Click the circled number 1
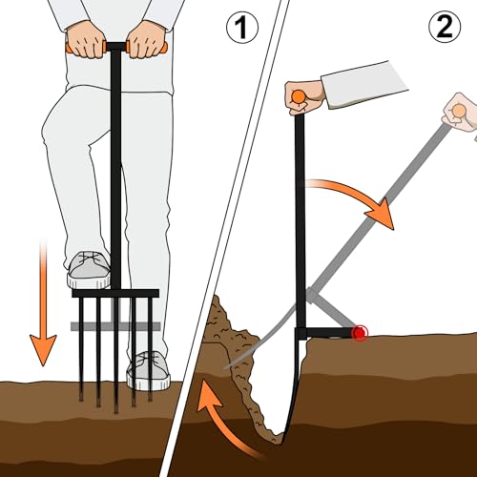pyautogui.click(x=242, y=28)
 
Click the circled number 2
pyautogui.click(x=445, y=27)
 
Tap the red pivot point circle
pyautogui.click(x=360, y=333)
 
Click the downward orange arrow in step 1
pyautogui.click(x=43, y=302)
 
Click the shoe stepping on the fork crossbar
pyautogui.click(x=88, y=270)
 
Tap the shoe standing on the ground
pyautogui.click(x=148, y=370)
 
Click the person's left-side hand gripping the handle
pyautogui.click(x=86, y=40)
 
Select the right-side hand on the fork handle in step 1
pyautogui.click(x=146, y=40)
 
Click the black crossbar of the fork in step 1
pyautogui.click(x=115, y=293)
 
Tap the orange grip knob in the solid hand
pyautogui.click(x=299, y=96)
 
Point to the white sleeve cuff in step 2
pyautogui.click(x=364, y=85)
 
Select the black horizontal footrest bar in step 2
pyautogui.click(x=327, y=333)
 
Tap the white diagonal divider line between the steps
pyautogui.click(x=222, y=238)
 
